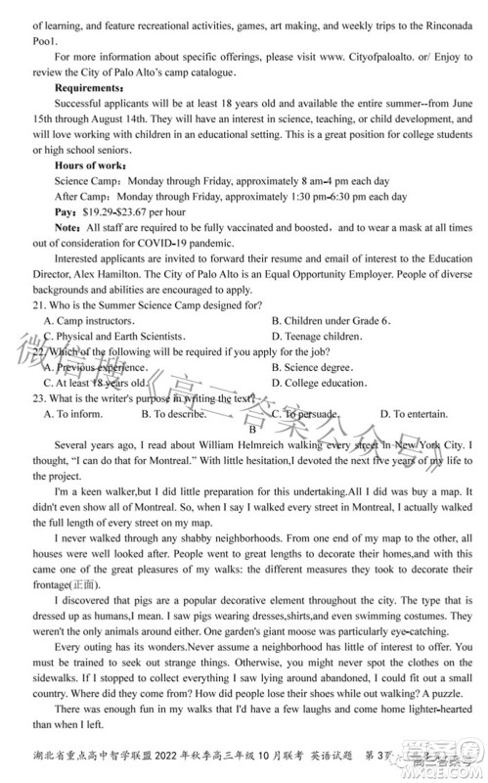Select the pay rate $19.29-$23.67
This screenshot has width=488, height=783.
point(112,210)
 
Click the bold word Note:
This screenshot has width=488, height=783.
point(67,226)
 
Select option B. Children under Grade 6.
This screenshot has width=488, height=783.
point(331,320)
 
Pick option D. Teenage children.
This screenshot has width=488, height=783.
point(317,336)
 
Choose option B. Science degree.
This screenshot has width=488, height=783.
point(311,367)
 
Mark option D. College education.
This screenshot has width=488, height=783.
point(319,383)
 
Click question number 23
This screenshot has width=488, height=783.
point(41,398)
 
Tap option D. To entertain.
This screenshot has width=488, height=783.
point(414,414)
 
